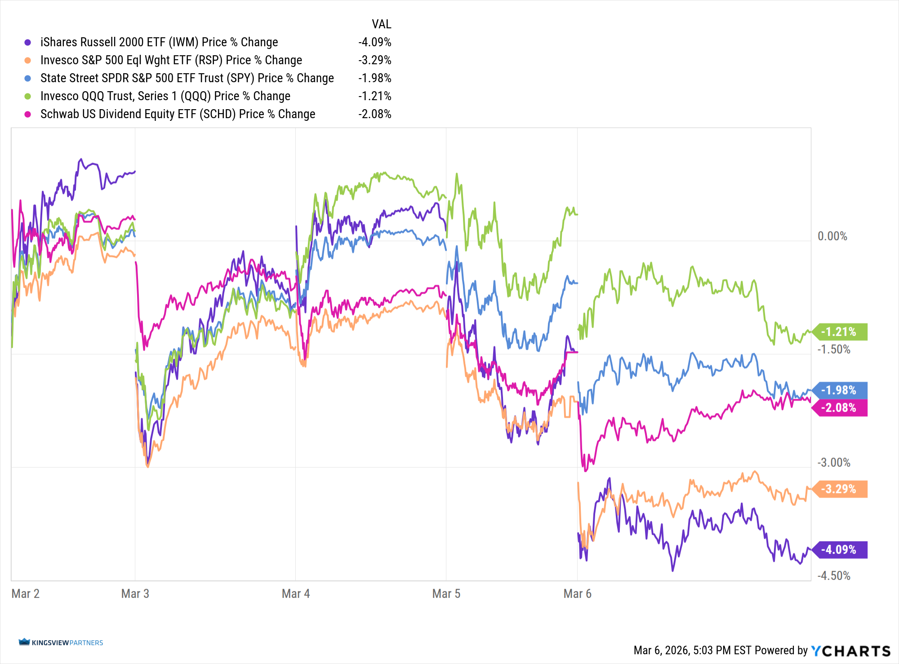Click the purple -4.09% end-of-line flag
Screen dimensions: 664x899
point(839,549)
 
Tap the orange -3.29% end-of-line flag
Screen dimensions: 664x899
point(839,489)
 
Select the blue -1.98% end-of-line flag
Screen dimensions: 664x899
point(839,390)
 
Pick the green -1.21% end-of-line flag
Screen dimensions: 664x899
point(839,332)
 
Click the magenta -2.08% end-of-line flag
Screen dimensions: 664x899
point(839,408)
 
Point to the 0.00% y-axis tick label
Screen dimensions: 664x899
point(832,236)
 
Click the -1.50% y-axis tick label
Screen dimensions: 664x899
point(834,350)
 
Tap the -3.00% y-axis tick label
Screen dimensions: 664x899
point(834,463)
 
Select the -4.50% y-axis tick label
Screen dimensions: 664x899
point(834,576)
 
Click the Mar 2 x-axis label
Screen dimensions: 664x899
point(26,594)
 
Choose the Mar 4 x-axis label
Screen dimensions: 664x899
point(296,594)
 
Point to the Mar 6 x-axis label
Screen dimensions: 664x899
point(578,594)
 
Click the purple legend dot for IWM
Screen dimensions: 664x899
point(28,42)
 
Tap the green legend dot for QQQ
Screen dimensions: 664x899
point(28,96)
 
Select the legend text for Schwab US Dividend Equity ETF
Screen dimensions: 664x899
point(178,114)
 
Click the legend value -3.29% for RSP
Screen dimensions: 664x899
point(375,60)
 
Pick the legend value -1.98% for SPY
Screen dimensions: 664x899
point(375,78)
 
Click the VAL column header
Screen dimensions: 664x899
point(382,24)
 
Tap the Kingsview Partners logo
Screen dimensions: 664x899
point(61,642)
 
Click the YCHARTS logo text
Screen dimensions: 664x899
point(850,651)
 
